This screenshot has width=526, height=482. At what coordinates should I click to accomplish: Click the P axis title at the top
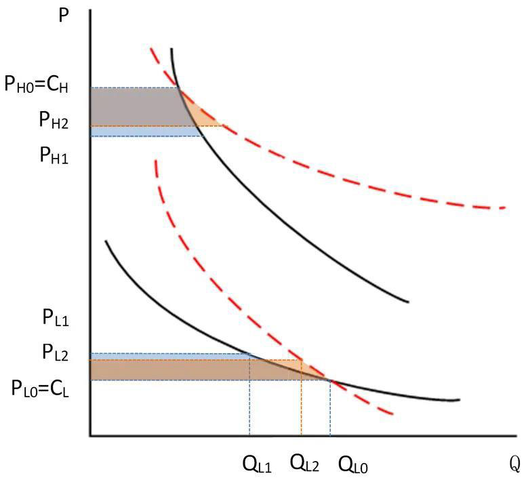coord(64,14)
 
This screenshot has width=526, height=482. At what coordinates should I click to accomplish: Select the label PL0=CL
coord(45,388)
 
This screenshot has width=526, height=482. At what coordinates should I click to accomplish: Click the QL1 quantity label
coord(257,465)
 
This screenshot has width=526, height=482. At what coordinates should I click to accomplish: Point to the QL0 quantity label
coord(353,465)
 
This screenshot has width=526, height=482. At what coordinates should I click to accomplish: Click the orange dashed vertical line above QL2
coord(302,407)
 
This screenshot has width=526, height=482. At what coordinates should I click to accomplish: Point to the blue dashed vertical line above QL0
coord(330,410)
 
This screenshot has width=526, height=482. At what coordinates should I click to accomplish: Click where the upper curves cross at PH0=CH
coord(178,87)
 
